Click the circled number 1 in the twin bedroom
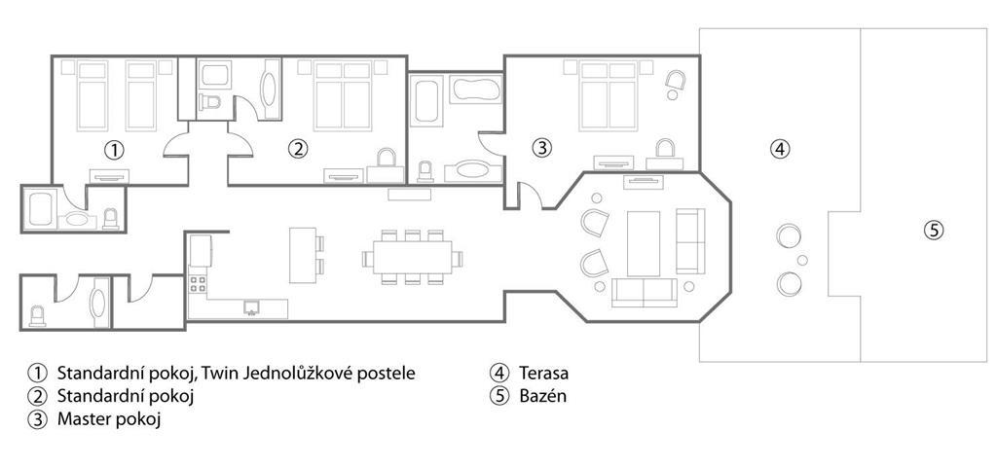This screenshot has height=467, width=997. pos(114,151)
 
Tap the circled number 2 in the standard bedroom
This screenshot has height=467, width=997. pos(298,149)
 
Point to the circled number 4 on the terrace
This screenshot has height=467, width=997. pos(780,149)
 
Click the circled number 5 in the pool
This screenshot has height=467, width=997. pos(934,231)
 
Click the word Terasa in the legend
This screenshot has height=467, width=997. pos(543,373)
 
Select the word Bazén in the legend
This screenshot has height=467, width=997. pos(542,397)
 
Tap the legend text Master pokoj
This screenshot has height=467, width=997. pos(109,420)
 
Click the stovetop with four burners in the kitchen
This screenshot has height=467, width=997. pos(198,283)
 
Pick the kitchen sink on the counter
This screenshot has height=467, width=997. pos(252,307)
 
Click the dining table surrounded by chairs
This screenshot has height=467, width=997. pos(412,258)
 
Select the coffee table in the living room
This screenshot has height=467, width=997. pos(644,243)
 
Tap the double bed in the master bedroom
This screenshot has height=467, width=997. pos(609,96)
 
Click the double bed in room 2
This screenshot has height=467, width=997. pos(344,96)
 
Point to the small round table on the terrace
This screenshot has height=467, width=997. pos(802,260)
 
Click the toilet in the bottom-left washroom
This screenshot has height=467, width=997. pos(38,316)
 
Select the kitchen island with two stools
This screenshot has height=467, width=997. pos(303,255)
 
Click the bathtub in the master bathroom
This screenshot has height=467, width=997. pos(475,90)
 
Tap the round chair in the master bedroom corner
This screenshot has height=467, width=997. pos(675,80)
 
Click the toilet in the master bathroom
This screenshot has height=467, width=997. pos(425,171)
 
